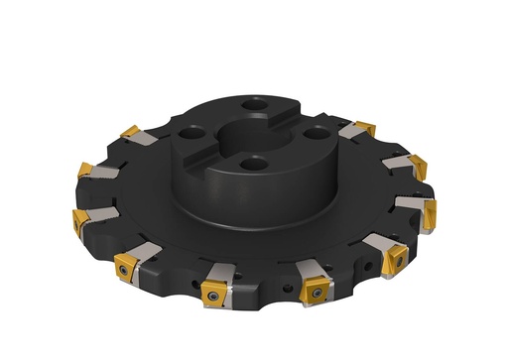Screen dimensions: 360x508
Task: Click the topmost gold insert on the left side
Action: (130, 133)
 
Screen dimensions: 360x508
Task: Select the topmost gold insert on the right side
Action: (365, 128)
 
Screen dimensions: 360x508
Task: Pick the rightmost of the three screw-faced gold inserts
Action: (315, 290)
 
